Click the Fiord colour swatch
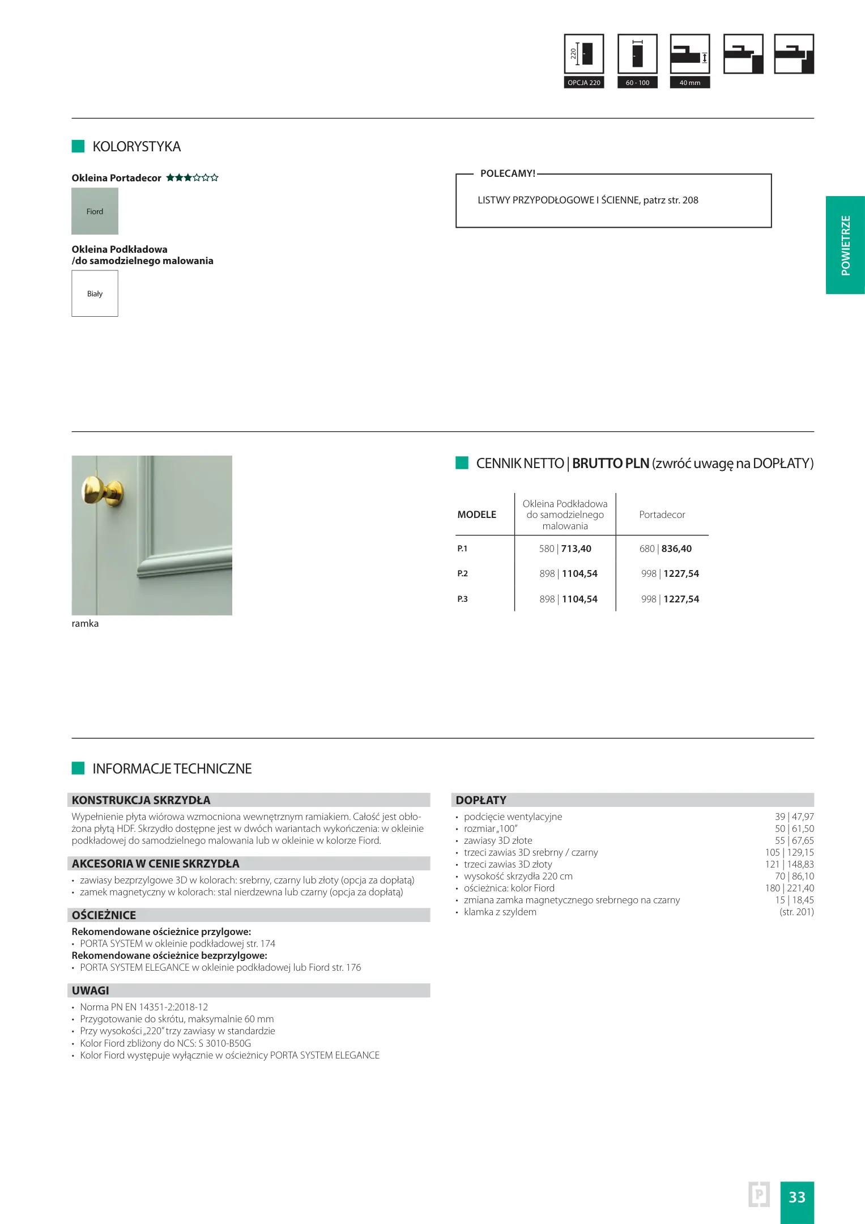point(95,211)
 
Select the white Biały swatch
point(95,293)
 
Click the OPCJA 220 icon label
point(584,83)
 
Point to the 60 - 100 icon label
point(637,83)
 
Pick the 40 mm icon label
point(689,83)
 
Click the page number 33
point(796,1197)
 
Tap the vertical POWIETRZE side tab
point(845,245)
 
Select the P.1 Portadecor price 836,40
point(676,549)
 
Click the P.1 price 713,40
point(576,549)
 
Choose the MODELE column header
point(476,515)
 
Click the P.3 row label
point(463,599)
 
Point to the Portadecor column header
point(662,515)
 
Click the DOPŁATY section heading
point(481,800)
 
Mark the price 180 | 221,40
point(789,888)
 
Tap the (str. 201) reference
point(796,912)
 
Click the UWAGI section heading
point(91,991)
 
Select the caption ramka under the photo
point(85,623)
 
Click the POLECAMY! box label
point(508,173)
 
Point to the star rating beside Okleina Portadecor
point(192,178)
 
